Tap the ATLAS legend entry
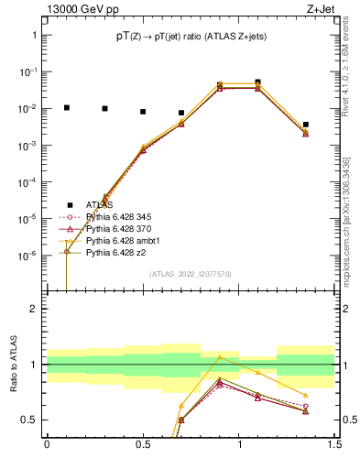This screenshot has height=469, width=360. pos(99,204)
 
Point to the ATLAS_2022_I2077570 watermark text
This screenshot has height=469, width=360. pos(191,274)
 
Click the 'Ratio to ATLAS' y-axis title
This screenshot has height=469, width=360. pos(14,365)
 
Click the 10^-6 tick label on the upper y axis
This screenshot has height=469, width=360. pos(28,256)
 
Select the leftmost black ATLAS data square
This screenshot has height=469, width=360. pos(66,107)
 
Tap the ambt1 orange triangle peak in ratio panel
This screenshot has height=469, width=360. pos(219,357)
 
